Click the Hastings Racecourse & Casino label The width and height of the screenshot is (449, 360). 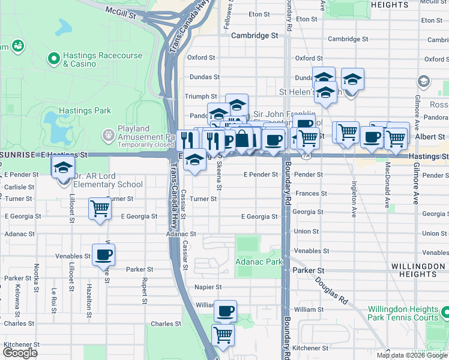pos(103,59)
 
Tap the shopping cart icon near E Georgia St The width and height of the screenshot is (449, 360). pos(100,209)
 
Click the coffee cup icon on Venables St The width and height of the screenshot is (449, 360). pos(103,254)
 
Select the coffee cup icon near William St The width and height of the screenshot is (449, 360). pos(225,311)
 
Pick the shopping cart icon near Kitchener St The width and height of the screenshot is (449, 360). pos(223,335)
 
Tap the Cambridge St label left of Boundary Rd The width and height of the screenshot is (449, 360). pos(255,35)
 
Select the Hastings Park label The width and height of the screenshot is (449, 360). pos(85,110)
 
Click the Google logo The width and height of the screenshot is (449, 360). pos(20,353)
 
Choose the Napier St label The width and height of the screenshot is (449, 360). pos(208,287)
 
